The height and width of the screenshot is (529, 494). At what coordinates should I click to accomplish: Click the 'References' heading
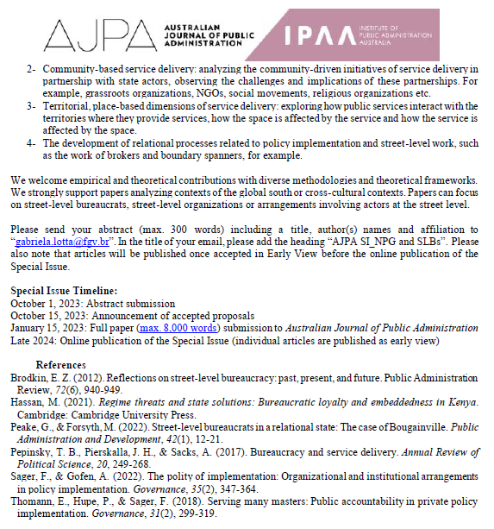60,365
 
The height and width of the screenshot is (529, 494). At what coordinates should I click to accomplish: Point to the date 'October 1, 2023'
44,304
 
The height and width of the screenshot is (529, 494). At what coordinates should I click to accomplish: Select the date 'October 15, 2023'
47,316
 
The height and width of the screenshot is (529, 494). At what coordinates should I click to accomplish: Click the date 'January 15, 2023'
47,328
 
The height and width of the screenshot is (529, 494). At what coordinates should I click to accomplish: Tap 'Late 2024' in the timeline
31,340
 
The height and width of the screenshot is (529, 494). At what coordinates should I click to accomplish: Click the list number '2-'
31,68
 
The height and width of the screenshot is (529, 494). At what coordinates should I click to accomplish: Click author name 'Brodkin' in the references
29,377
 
